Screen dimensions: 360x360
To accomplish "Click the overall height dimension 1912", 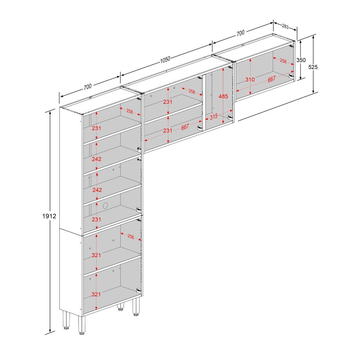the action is (x=49, y=216).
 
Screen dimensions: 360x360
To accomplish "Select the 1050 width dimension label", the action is (x=165, y=59).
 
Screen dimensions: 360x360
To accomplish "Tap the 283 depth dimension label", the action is (x=285, y=27).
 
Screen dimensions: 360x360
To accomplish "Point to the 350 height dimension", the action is (x=301, y=60).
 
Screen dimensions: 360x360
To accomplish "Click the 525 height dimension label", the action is (x=313, y=67).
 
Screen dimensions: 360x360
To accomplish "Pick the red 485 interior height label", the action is (x=223, y=96).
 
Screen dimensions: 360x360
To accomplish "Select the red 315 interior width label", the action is (x=214, y=117).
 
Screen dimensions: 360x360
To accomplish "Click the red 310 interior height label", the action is (x=250, y=79).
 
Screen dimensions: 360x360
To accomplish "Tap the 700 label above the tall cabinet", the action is (x=88, y=86).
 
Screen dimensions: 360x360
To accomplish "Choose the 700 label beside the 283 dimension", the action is (x=240, y=33).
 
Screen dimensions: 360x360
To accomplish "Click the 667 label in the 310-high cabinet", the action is (x=271, y=79).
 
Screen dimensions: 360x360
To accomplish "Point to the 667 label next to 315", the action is (x=185, y=127).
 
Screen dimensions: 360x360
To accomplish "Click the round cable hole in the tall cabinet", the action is (x=106, y=206).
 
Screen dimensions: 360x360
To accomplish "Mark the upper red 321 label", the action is (x=96, y=255).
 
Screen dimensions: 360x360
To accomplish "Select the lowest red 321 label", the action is (x=96, y=294).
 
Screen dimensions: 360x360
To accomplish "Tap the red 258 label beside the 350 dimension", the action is (x=283, y=61).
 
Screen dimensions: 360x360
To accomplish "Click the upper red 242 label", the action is (x=97, y=159).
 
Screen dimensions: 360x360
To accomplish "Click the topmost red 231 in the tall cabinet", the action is (x=96, y=128).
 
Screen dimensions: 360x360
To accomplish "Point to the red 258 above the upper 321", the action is (x=130, y=237).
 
